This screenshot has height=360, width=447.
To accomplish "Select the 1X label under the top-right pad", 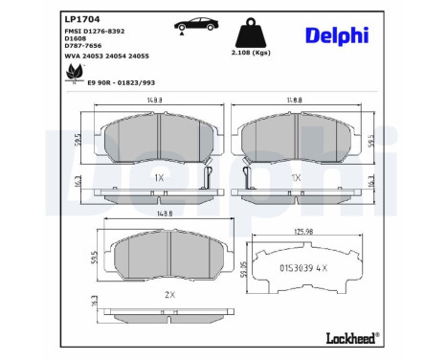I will pyautogui.click(x=297, y=178).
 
